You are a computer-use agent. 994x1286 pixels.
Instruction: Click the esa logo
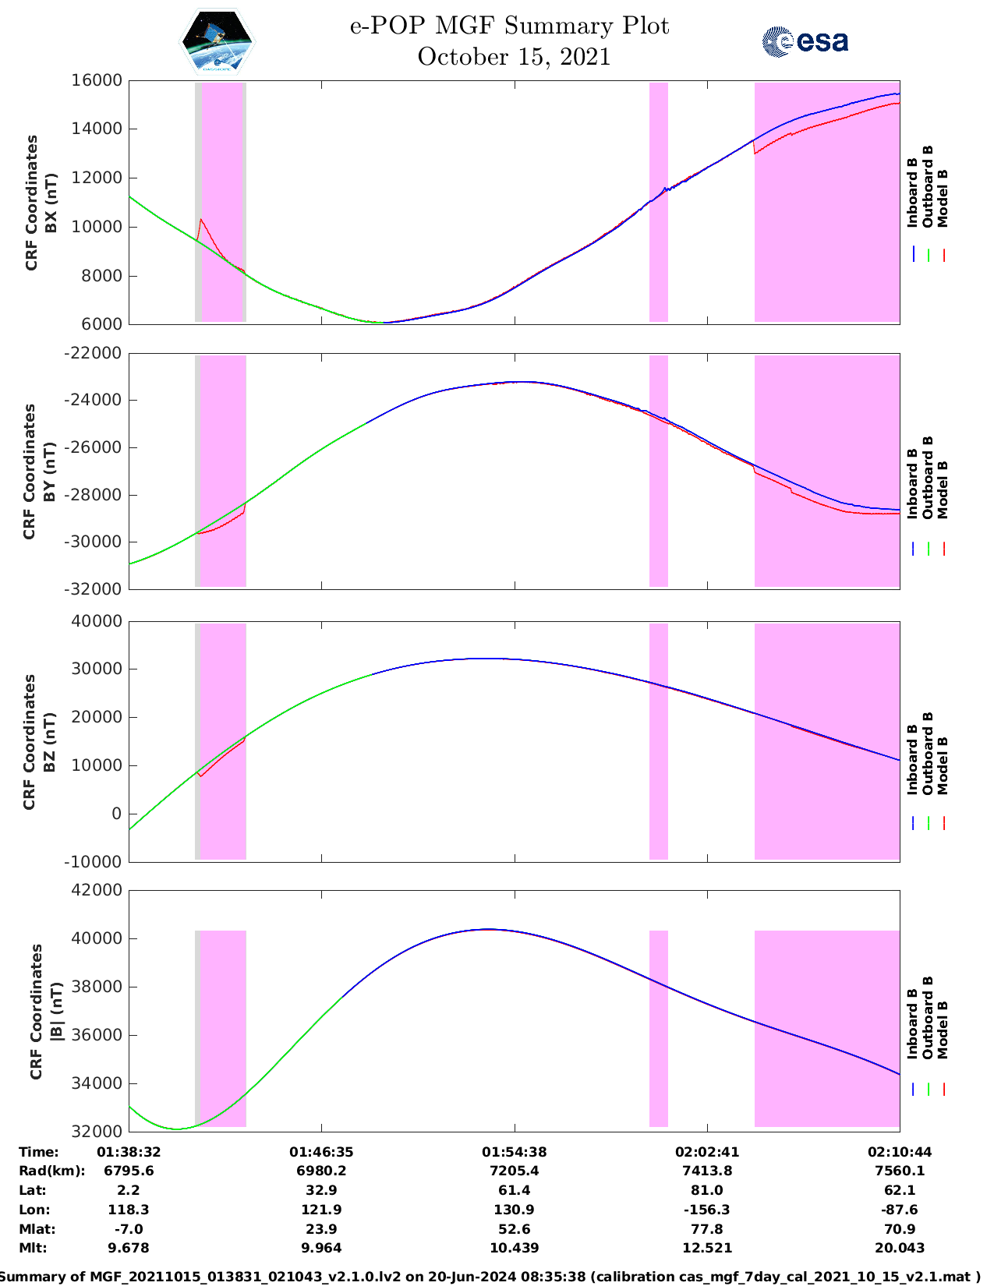tap(805, 41)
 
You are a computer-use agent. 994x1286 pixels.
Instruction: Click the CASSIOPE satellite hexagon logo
tap(217, 42)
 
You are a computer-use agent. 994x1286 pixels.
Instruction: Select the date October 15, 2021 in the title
tap(513, 57)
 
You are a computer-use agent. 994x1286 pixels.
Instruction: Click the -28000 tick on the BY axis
tap(96, 495)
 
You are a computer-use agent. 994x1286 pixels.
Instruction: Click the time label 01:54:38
tap(513, 1152)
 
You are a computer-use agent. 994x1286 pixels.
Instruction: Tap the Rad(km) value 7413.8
tap(706, 1171)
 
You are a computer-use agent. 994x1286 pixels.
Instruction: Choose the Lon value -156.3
tap(706, 1210)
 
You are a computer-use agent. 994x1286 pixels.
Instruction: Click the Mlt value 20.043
tap(899, 1248)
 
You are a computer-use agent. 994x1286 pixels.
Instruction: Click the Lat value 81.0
tap(706, 1190)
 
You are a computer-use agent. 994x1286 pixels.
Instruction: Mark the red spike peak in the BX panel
tap(201, 220)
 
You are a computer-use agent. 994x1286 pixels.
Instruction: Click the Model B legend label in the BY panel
tap(943, 489)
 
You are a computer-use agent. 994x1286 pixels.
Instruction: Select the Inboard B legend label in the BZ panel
tap(912, 759)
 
